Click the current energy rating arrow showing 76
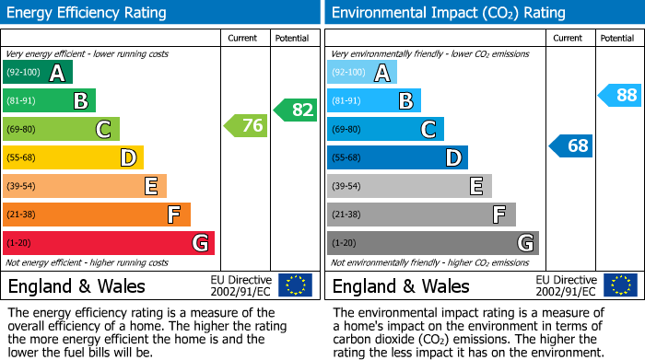(247, 126)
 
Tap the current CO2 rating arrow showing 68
(571, 145)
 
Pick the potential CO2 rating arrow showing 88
(620, 95)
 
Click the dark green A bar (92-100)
(38, 73)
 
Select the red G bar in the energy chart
(109, 243)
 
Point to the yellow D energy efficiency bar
(73, 157)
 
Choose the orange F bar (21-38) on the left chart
(97, 215)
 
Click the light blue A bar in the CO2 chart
(362, 73)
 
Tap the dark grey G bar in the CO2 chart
(432, 243)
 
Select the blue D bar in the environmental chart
(397, 157)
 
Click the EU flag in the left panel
(295, 285)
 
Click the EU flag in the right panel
(619, 285)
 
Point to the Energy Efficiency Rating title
(88, 13)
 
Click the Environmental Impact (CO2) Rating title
(448, 13)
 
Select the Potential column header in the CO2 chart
(616, 38)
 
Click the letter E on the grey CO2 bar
(476, 186)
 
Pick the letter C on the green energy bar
(104, 130)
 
